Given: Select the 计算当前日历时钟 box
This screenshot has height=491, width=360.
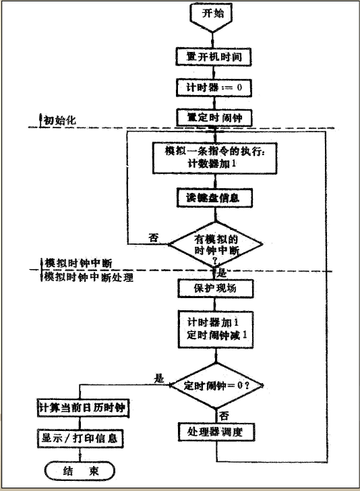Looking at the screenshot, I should [83, 408].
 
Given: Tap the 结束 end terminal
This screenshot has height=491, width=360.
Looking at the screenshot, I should [80, 469].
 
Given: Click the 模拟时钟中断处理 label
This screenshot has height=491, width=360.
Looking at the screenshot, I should [88, 277].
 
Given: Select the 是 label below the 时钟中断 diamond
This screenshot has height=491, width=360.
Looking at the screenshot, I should [222, 274].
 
